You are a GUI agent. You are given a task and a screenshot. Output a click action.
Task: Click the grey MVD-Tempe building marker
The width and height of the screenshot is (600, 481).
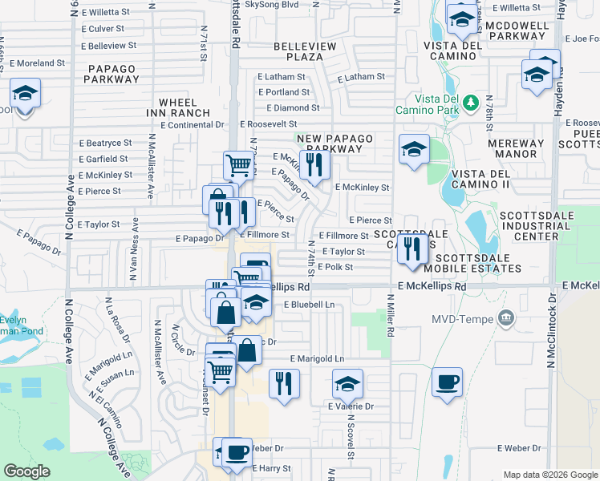[505, 318]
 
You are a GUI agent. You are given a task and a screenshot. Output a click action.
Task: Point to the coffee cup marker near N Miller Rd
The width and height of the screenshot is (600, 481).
[447, 382]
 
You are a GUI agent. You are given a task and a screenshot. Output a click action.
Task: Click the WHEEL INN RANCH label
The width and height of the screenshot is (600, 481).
[184, 107]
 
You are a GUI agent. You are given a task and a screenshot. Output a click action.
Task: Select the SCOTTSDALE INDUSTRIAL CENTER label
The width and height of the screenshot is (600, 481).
[541, 226]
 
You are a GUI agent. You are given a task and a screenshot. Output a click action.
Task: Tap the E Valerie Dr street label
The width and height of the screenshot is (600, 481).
[351, 406]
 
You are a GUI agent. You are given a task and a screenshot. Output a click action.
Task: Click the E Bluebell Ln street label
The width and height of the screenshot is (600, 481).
[310, 305]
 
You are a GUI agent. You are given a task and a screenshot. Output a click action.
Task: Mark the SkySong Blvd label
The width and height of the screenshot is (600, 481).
[271, 4]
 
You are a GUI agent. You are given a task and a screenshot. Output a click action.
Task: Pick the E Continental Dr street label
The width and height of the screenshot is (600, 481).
[193, 125]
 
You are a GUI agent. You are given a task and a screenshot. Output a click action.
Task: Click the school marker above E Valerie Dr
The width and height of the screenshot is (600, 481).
[347, 385]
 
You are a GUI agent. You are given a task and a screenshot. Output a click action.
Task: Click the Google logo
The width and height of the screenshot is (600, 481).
[27, 471]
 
